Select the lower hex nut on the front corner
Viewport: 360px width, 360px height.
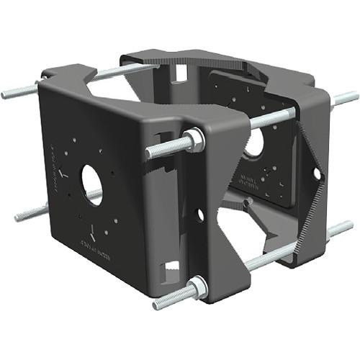click(x=197, y=289)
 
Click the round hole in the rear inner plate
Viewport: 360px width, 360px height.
click(x=253, y=143)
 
